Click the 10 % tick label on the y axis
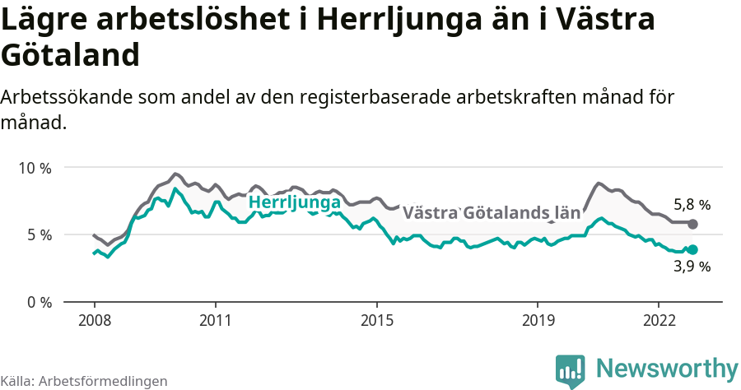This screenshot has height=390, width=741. (35, 168)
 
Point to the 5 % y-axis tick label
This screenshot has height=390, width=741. (39, 235)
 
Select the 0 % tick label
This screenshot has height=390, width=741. (39, 302)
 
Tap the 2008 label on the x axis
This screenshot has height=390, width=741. (94, 319)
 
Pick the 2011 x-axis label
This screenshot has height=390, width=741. (215, 319)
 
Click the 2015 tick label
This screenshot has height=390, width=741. (376, 319)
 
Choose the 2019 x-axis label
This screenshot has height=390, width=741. (538, 319)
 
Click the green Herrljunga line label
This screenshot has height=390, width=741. (295, 202)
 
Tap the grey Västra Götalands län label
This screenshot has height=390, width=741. (491, 213)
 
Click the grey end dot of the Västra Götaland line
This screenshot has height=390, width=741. (692, 224)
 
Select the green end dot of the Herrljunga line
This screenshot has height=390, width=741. (692, 250)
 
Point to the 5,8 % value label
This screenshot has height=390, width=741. (692, 205)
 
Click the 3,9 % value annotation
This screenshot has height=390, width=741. (692, 267)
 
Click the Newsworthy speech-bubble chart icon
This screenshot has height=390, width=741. (571, 370)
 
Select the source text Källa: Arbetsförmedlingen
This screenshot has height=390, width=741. (84, 381)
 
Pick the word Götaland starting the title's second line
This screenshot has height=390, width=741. (69, 55)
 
